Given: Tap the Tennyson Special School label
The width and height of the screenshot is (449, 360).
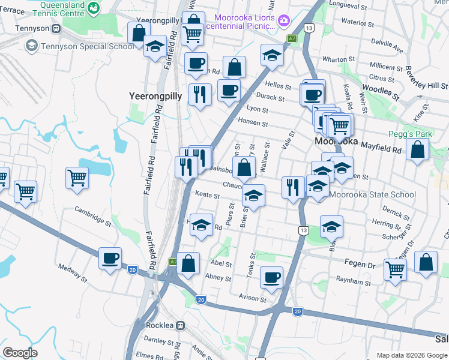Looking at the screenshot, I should coord(88,46).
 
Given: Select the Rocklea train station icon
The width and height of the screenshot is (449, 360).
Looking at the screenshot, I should coord(180,325).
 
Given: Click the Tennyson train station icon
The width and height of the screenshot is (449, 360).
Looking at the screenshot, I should coord(56,28).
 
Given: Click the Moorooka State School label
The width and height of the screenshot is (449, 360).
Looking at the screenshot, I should coord(372,194).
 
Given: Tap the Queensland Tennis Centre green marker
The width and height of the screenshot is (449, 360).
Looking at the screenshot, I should coord(94,8).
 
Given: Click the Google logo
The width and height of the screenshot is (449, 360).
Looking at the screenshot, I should coord(20,352).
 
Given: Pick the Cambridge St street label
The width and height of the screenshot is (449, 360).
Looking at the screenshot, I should coord(93,215).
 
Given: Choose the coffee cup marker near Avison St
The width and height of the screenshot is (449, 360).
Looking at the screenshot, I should coord(271,277).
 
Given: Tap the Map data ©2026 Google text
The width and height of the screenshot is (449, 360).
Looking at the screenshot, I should coord(412,355).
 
